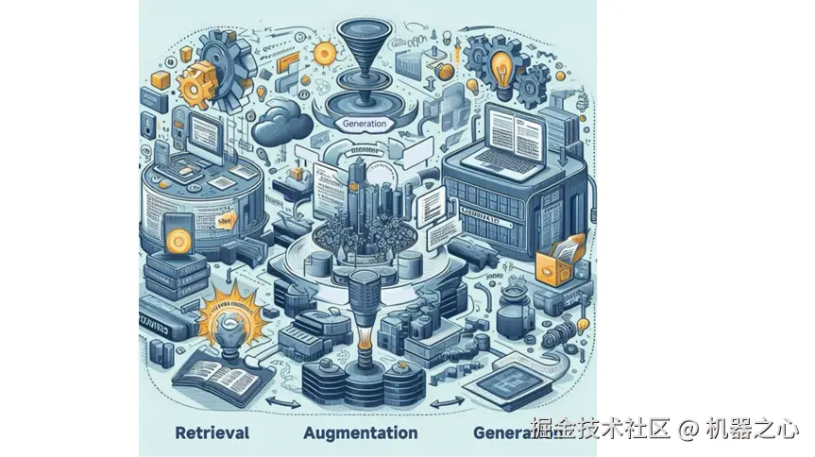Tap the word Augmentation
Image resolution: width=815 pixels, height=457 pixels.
point(362,433)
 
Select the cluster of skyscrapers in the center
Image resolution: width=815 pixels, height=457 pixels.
point(364,203)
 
